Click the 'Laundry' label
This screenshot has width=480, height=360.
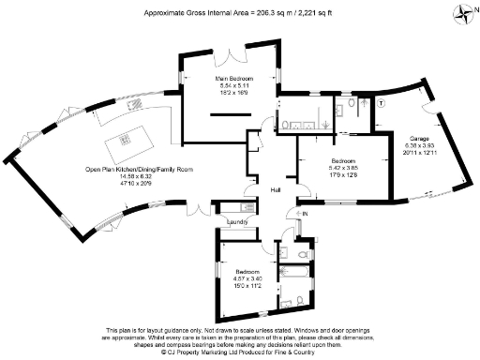[x=236, y=222]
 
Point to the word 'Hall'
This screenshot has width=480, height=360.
[x=276, y=190]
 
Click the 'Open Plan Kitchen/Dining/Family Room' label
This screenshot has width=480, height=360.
[x=139, y=169]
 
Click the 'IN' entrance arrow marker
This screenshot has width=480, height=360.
[x=303, y=215]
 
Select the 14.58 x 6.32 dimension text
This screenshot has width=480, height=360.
[x=139, y=175]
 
